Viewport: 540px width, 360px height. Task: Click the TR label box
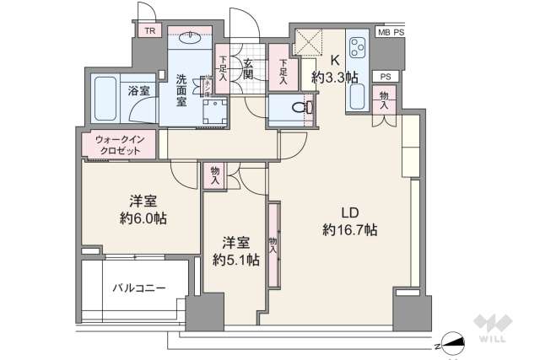pos(149,31)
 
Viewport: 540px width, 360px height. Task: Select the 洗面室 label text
pos(181,90)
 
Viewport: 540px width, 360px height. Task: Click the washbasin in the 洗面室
pos(191,37)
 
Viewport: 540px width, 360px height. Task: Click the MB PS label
pos(391,32)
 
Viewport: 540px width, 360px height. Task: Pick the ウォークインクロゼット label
pos(119,144)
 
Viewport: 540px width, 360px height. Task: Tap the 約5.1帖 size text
pos(235,260)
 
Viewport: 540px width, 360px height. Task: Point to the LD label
pos(348,211)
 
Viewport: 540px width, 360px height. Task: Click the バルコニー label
pos(138,287)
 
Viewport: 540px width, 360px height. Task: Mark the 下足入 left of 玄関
pos(222,67)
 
